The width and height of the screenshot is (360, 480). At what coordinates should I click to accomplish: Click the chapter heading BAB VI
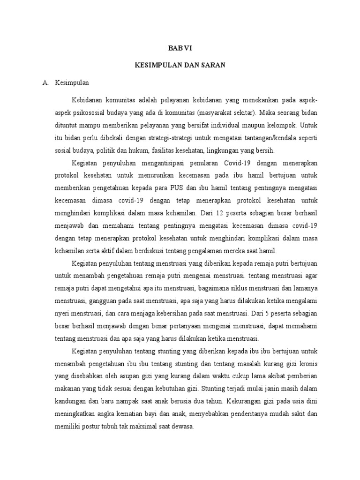tap(180, 48)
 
